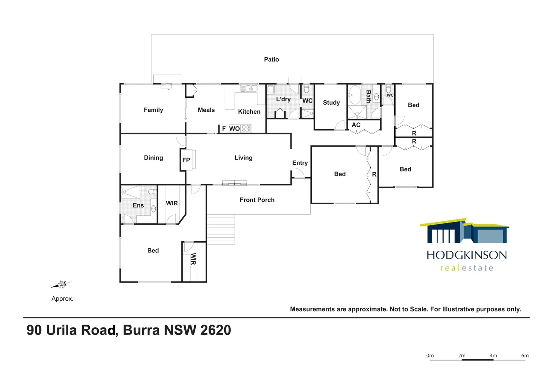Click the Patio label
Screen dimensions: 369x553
271,59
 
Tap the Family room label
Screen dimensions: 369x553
153,110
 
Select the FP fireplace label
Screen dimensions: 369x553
186,160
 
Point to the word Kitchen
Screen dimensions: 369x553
249,112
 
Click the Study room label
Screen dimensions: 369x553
331,102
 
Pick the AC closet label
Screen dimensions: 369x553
356,125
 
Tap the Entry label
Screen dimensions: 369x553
300,163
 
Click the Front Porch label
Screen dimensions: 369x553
257,200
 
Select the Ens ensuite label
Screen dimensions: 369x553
138,205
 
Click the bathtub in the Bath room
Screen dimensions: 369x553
354,95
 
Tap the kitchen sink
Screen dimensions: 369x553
249,89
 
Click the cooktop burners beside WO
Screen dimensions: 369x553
246,128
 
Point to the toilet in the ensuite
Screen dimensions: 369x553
152,192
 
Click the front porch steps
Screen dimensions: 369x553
221,229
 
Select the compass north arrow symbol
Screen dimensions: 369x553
62,284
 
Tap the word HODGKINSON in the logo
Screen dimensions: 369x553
467,255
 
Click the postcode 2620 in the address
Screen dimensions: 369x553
216,330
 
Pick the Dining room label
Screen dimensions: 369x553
154,158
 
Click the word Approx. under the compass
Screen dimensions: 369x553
62,299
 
